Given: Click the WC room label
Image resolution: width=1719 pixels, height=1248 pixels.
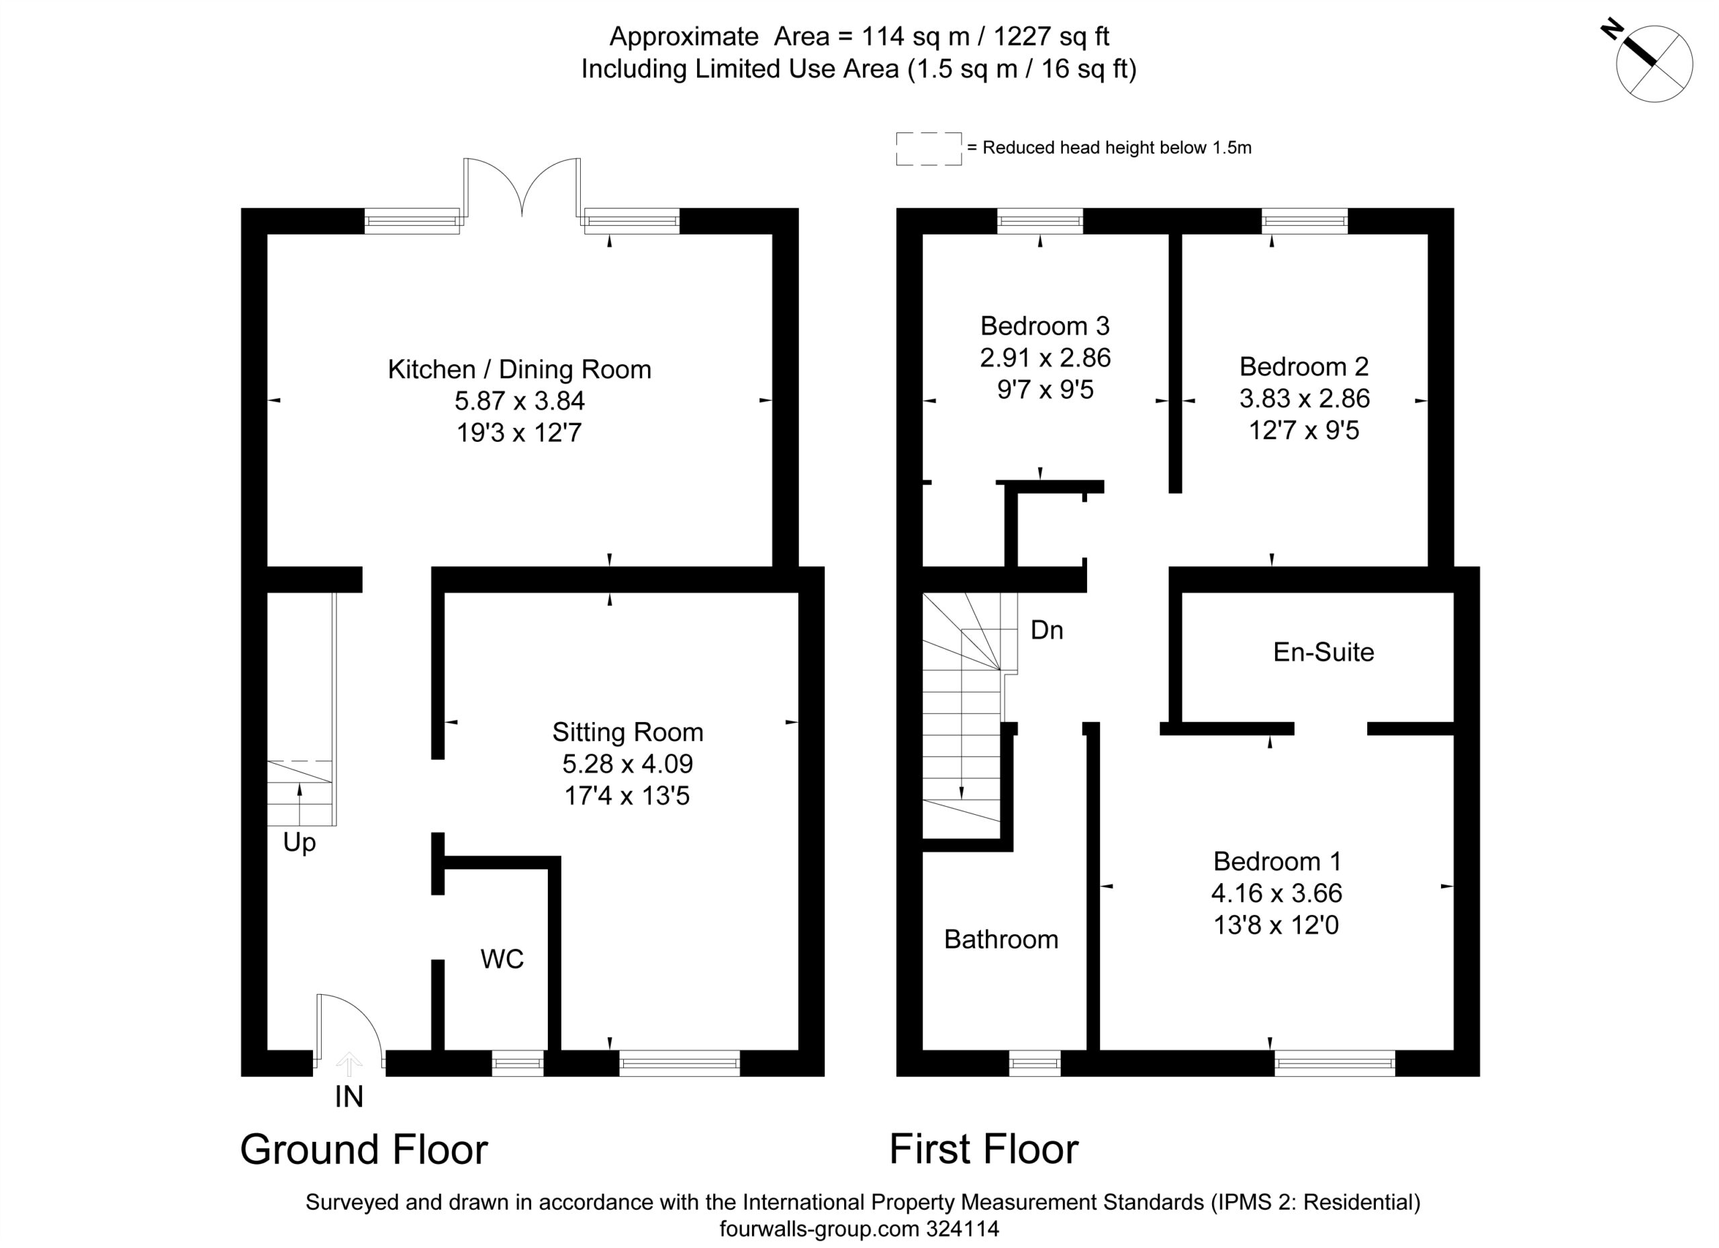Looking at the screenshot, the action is tap(502, 959).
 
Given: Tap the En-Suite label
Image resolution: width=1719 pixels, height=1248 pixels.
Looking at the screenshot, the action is tap(1323, 652).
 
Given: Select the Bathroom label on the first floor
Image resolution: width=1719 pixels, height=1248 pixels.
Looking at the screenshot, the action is tap(1001, 940).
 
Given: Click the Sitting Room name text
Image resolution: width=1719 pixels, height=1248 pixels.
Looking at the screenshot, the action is tap(628, 731).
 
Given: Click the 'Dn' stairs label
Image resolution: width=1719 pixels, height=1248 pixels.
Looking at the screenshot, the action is tap(1047, 630).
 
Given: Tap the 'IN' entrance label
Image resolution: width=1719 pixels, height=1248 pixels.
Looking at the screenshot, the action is tap(349, 1097).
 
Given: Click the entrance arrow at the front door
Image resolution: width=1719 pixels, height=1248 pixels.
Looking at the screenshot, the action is tap(349, 1064).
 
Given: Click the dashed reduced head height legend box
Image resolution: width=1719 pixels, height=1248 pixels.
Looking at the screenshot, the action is tap(929, 148).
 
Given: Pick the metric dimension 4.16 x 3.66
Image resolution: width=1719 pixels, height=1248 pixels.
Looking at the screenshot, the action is tap(1276, 893).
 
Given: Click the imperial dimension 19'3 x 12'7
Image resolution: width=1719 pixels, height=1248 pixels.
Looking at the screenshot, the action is tap(519, 433).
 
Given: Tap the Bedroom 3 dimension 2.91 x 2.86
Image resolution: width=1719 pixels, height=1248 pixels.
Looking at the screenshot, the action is tap(1046, 358).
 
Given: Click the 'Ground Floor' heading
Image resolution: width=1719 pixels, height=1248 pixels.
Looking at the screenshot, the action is tap(364, 1149).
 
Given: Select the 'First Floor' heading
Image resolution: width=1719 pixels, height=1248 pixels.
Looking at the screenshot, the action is tap(984, 1149).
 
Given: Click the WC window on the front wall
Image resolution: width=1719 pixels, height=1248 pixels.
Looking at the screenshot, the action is tap(518, 1063).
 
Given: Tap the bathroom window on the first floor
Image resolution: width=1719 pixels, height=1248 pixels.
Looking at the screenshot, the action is tap(1035, 1063).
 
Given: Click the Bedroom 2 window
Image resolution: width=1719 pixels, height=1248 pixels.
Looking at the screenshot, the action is tap(1305, 220).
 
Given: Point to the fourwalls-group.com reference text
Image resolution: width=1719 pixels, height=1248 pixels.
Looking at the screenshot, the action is tap(859, 1229).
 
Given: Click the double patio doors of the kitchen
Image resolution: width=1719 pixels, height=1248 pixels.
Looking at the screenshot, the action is tap(522, 187).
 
